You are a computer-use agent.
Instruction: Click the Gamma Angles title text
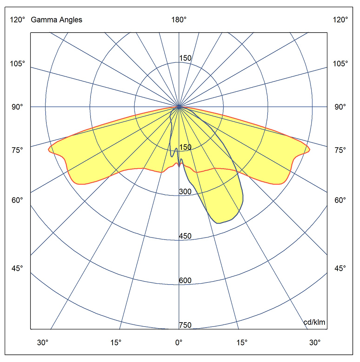(x=56, y=20)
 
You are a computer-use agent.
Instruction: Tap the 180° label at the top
(x=179, y=20)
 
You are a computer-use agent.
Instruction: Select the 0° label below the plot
(x=179, y=342)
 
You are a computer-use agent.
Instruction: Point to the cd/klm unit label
(x=314, y=322)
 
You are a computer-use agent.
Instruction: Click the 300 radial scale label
(x=185, y=191)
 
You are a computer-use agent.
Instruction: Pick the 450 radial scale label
(x=185, y=236)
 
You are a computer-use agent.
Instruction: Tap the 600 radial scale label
(x=185, y=281)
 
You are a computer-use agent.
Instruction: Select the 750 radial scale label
(x=185, y=325)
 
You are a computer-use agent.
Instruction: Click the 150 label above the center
(x=185, y=58)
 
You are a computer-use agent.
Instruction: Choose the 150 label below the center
(x=185, y=147)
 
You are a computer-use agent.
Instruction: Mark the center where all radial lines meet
(x=179, y=107)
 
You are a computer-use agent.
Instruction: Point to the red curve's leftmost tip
(x=49, y=150)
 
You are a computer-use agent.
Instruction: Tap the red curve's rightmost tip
(x=310, y=150)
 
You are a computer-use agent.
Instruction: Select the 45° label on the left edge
(x=17, y=268)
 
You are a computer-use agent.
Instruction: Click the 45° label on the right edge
(x=340, y=268)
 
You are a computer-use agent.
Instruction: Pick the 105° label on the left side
(x=17, y=64)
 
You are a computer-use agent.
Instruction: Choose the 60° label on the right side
(x=340, y=200)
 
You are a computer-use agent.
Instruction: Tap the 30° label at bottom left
(x=43, y=342)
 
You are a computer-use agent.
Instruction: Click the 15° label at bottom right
(x=242, y=342)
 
